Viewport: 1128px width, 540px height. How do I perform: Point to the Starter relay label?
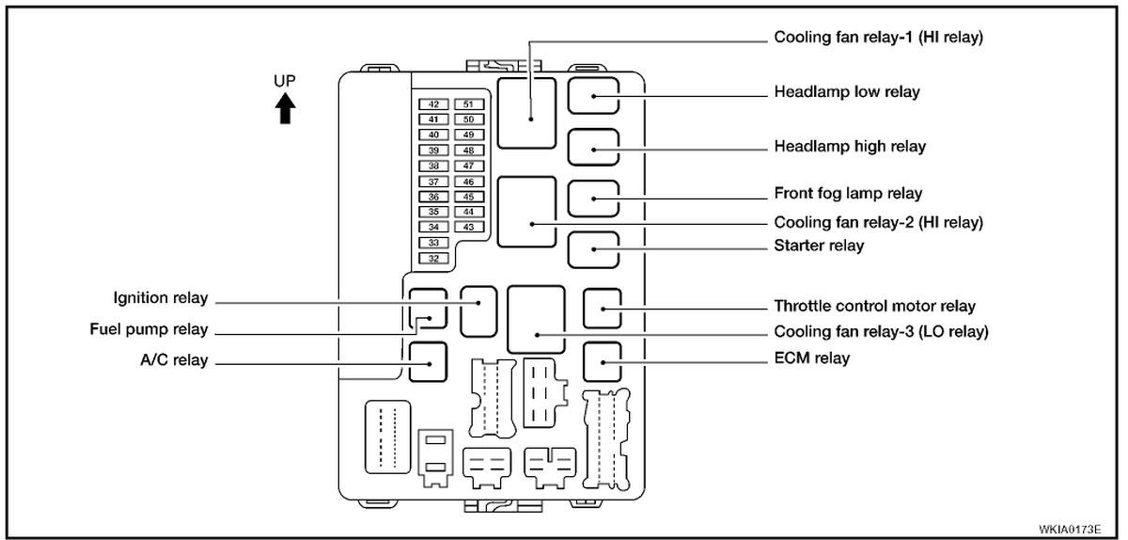point(819,246)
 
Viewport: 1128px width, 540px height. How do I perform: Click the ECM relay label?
point(812,358)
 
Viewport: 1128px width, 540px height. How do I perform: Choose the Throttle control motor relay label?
point(874,306)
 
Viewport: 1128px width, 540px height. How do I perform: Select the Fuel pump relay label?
point(149,329)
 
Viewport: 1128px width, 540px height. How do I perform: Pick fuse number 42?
point(434,104)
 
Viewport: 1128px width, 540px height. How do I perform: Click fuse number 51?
point(468,104)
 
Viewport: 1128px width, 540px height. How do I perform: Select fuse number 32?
point(434,258)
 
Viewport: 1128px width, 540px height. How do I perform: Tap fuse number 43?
point(468,227)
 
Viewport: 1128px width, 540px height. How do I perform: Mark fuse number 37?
point(434,181)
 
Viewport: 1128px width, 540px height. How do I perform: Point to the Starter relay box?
point(594,246)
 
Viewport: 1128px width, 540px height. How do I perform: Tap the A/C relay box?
point(428,359)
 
